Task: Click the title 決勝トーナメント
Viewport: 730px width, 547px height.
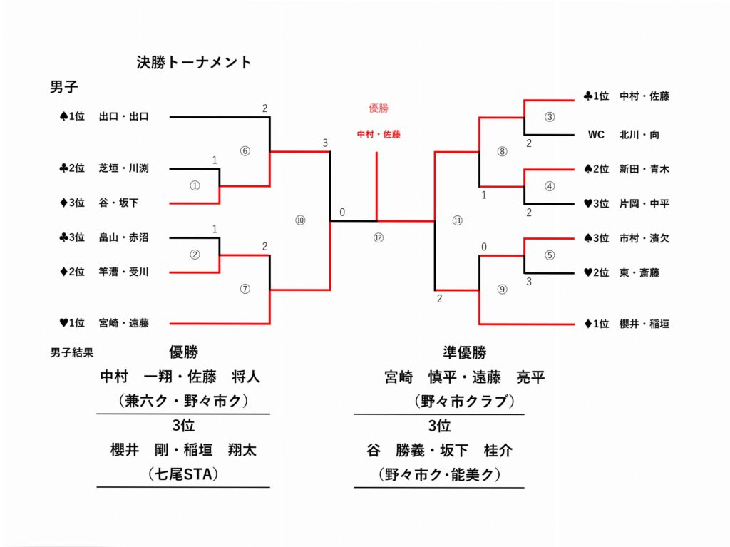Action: point(194,63)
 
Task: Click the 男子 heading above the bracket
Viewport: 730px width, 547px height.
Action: point(63,88)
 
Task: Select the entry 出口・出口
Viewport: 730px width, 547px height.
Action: point(123,117)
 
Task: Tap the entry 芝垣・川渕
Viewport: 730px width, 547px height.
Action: point(123,169)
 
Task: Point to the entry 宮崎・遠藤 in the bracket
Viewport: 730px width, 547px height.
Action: point(123,324)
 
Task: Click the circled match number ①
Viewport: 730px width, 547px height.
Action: point(195,185)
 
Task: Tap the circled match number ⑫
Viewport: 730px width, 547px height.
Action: point(378,238)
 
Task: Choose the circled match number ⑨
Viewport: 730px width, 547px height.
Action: point(502,289)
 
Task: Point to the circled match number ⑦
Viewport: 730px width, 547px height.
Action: point(245,289)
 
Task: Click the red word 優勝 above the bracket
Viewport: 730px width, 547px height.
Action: point(379,108)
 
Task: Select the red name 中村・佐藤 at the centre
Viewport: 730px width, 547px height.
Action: point(379,134)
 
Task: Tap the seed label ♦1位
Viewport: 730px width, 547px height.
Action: point(596,324)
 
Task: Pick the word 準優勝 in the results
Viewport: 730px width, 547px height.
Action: point(464,352)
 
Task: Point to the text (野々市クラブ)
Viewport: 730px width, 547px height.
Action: point(464,402)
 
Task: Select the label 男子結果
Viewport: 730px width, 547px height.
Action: point(72,352)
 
